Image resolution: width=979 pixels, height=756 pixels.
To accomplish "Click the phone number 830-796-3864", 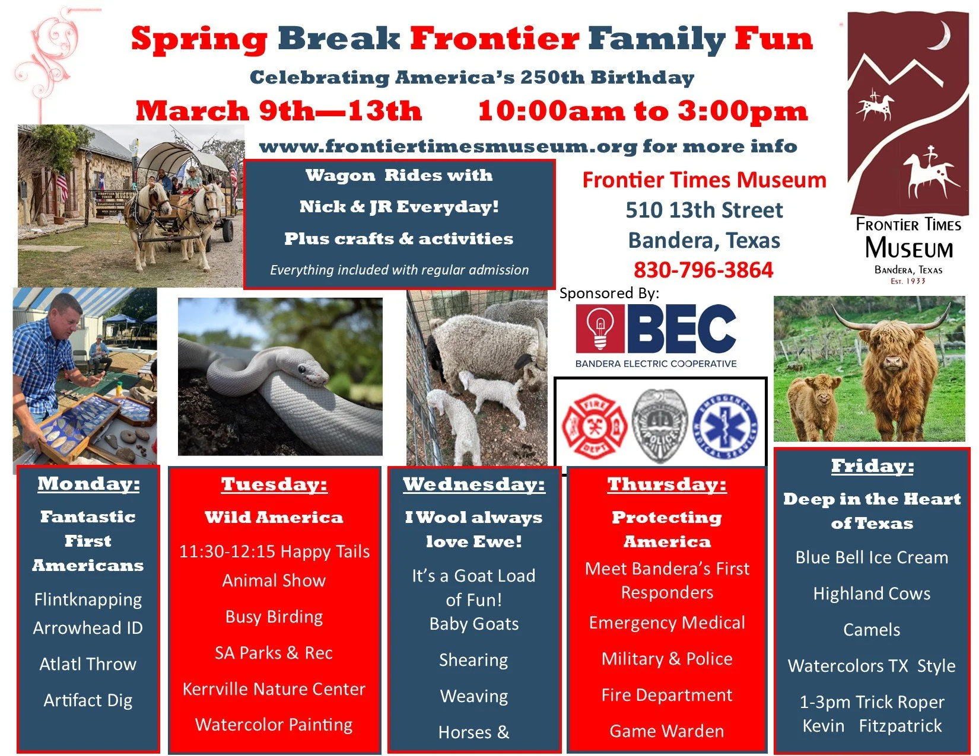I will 703,270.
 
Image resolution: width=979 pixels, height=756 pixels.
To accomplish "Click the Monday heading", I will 88,484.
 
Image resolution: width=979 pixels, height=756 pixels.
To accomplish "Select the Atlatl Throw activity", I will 88,664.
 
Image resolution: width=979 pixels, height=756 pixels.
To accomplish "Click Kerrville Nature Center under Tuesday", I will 274,689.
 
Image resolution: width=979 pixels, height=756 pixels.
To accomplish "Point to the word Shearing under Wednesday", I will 473,660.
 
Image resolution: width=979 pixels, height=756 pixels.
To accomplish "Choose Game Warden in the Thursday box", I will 666,731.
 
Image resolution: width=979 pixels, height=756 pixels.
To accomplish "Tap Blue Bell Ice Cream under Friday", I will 871,557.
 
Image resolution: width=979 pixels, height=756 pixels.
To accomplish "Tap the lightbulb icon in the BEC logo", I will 600,328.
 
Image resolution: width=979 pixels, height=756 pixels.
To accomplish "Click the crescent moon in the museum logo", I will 941,37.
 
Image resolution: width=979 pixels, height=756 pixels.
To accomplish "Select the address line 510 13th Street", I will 704,210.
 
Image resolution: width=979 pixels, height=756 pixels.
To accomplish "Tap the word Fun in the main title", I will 773,39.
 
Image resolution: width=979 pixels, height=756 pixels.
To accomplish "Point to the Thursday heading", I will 666,484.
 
